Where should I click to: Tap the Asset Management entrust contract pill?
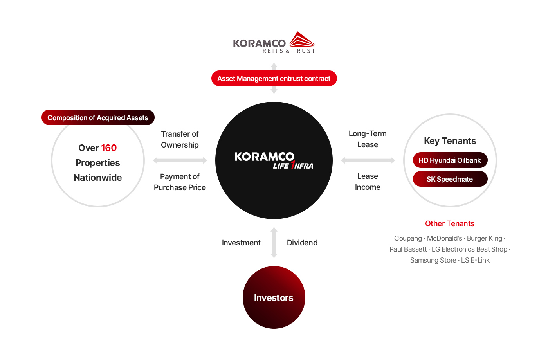[274, 78]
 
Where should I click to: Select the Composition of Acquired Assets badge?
[98, 117]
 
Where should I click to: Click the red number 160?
[109, 148]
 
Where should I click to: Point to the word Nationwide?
[97, 178]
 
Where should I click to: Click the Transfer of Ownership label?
[180, 139]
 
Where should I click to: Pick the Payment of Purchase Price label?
[180, 182]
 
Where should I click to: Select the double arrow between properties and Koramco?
[180, 160]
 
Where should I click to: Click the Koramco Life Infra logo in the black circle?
[274, 160]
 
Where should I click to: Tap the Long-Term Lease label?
[368, 139]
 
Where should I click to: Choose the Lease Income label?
[368, 182]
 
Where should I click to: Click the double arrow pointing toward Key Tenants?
[368, 160]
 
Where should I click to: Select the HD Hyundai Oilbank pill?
[450, 160]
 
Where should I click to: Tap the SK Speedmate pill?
[450, 179]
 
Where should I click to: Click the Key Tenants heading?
[450, 141]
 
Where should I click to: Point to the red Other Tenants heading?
[450, 223]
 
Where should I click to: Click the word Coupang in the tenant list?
[408, 238]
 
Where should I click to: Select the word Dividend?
[302, 243]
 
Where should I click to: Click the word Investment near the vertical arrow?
[241, 243]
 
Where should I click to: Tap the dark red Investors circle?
[274, 297]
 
